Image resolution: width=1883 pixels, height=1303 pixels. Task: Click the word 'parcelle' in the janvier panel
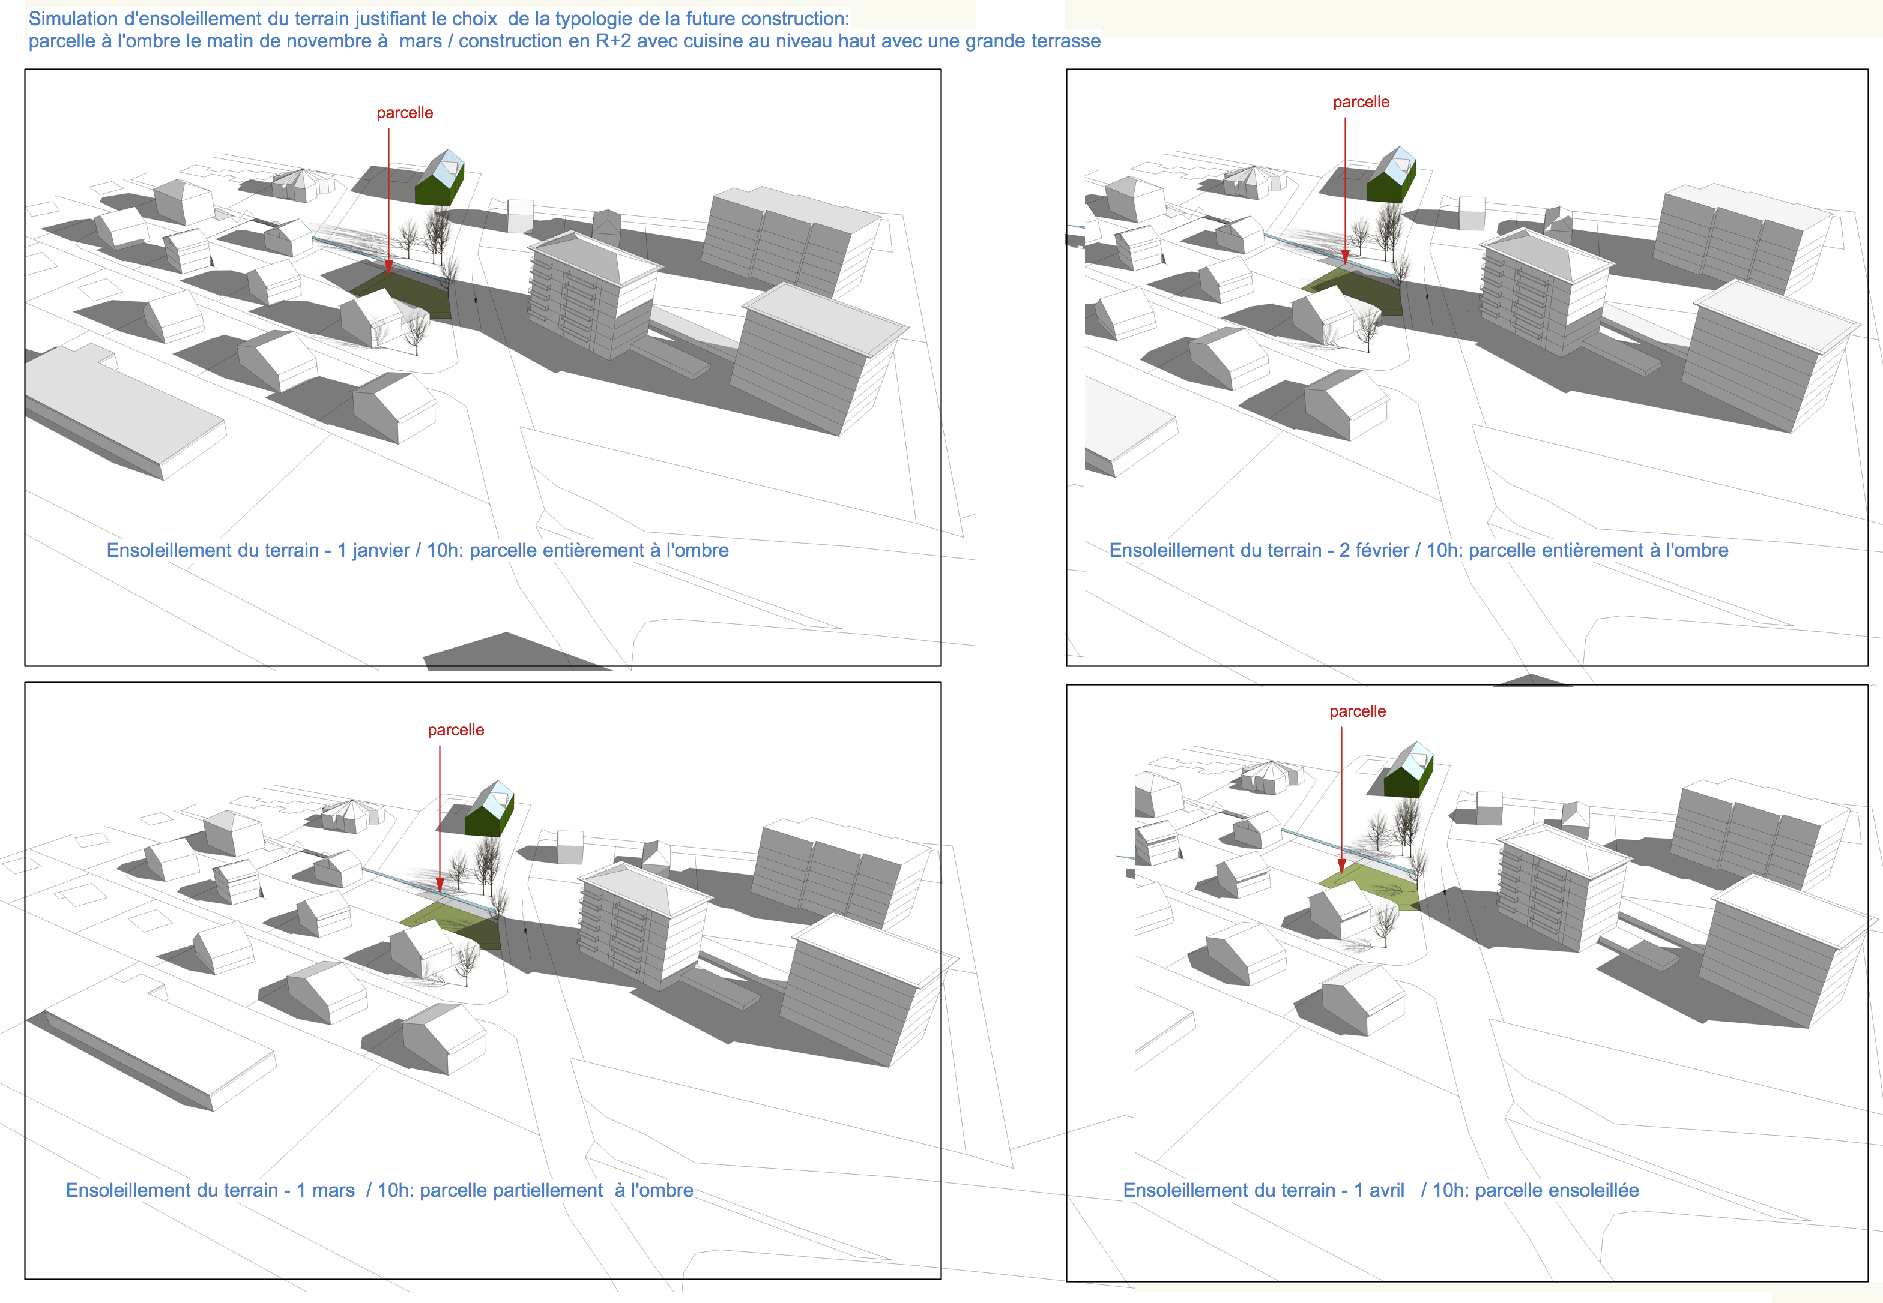coord(404,113)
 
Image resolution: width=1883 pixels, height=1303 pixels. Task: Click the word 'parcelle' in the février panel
coord(1361,102)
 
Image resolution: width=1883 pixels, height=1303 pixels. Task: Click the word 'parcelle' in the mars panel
coord(456,730)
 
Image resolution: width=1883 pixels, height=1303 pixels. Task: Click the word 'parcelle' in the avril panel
coord(1358,711)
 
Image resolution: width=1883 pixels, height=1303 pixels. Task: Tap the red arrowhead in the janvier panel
coord(389,266)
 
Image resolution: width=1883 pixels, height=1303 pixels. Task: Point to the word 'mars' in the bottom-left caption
coord(333,1190)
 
